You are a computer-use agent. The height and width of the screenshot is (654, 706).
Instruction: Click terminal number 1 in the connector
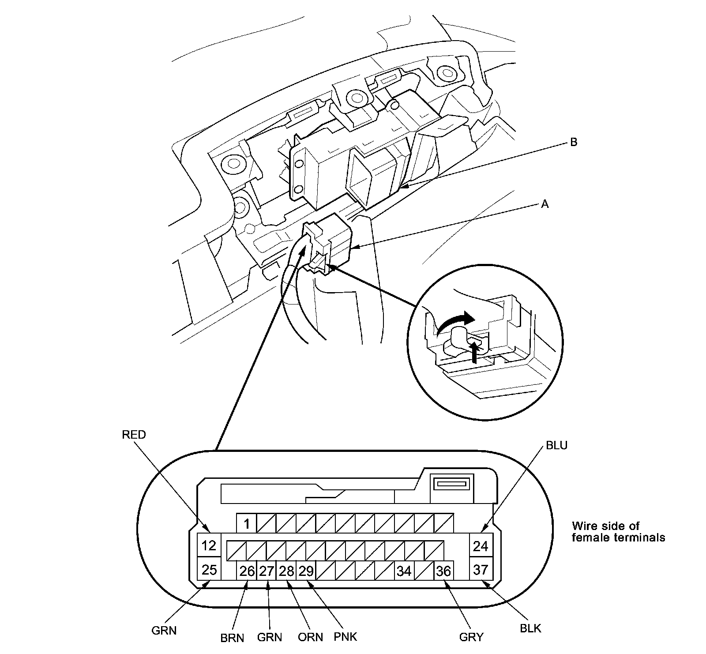[x=247, y=524]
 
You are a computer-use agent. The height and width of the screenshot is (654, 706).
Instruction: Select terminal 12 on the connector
[x=209, y=546]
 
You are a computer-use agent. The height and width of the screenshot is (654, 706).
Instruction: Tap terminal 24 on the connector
[x=480, y=546]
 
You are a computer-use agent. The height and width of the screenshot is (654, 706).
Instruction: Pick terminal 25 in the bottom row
[x=209, y=569]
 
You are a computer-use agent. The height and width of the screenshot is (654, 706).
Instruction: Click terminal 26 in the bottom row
[x=247, y=571]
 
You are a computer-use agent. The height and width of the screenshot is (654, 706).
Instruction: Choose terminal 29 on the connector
[x=306, y=571]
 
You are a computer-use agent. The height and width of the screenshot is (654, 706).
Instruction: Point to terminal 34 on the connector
[x=404, y=571]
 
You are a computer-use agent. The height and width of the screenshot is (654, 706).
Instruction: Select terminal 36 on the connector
[x=443, y=571]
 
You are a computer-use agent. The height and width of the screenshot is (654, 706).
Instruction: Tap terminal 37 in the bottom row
[x=480, y=569]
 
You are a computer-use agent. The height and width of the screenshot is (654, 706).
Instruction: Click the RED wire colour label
[x=134, y=435]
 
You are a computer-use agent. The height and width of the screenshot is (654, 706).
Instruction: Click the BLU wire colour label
[x=556, y=445]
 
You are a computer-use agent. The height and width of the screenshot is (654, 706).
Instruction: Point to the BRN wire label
[x=232, y=639]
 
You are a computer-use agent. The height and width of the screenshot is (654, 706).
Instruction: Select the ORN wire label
[x=310, y=637]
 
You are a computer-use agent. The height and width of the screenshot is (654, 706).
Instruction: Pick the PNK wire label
[x=345, y=637]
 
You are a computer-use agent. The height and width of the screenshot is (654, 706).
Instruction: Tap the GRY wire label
[x=471, y=637]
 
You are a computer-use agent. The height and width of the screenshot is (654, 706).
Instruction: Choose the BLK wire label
[x=530, y=628]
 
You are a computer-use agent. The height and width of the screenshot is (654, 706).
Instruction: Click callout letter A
[x=545, y=204]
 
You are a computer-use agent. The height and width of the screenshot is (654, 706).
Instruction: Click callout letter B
[x=573, y=142]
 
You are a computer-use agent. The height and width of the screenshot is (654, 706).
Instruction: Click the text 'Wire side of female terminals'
[x=618, y=532]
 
